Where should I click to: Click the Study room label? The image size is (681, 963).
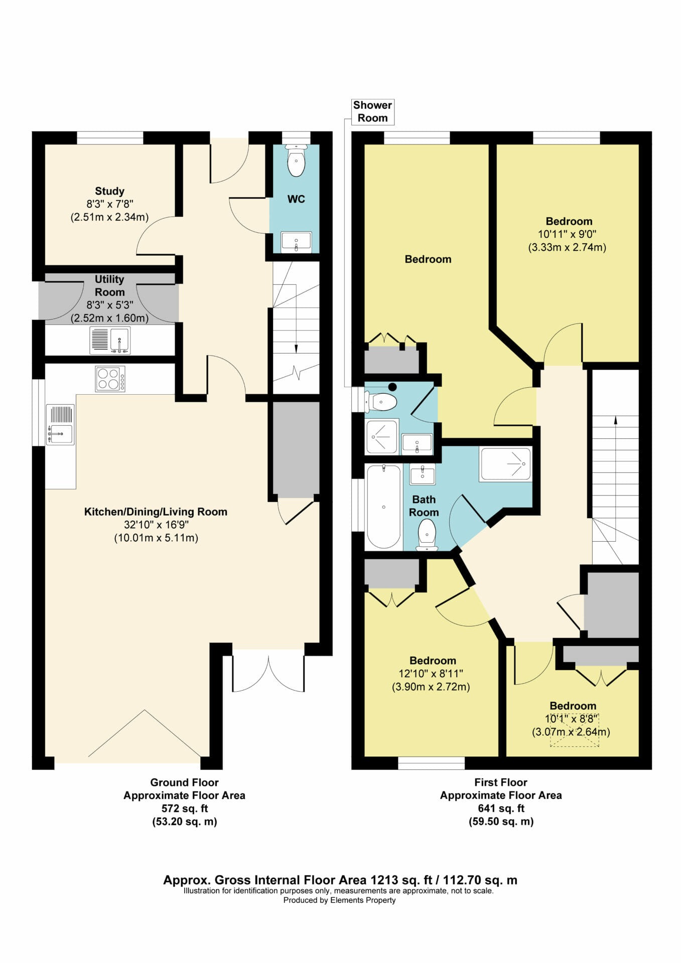click(x=109, y=191)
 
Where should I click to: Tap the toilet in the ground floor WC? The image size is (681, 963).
click(x=297, y=160)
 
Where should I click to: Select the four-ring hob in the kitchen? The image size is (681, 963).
click(x=110, y=379)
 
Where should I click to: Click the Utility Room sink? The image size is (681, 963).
click(x=110, y=341)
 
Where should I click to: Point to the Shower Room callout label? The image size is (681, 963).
click(x=372, y=111)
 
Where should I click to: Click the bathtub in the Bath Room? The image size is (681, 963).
click(x=384, y=507)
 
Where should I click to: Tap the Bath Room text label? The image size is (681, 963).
click(x=424, y=506)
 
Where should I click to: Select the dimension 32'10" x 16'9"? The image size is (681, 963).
click(x=156, y=525)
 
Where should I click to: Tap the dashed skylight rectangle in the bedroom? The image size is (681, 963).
click(x=575, y=730)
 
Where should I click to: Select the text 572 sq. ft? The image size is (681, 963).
click(x=184, y=809)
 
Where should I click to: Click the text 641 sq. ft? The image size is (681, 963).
click(x=501, y=809)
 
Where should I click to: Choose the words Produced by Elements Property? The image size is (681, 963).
click(x=339, y=900)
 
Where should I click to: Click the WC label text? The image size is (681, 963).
click(x=296, y=199)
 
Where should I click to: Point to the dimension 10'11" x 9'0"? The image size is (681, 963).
click(x=567, y=234)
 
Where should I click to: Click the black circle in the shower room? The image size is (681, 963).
click(x=392, y=387)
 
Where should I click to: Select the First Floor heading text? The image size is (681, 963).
click(x=501, y=782)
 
